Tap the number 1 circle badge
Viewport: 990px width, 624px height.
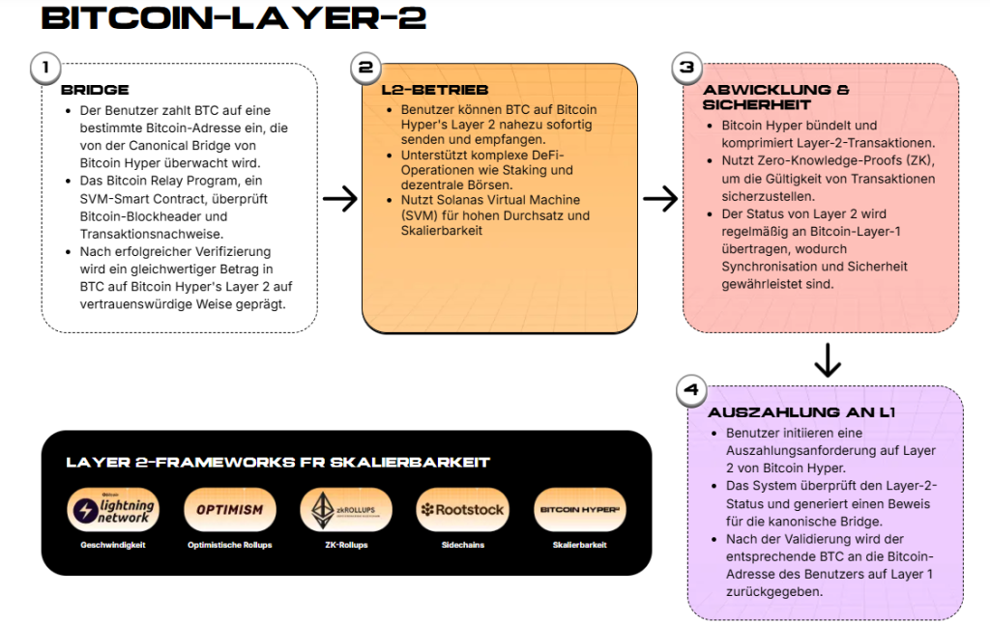click(44, 68)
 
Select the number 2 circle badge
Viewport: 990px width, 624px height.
click(364, 68)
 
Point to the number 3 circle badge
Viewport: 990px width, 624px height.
click(686, 68)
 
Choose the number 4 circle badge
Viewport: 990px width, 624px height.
click(690, 390)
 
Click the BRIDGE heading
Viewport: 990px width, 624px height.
click(95, 90)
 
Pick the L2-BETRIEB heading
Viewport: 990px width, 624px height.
click(421, 90)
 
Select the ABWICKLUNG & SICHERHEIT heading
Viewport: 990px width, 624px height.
click(776, 97)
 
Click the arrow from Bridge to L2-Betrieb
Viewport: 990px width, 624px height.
click(339, 199)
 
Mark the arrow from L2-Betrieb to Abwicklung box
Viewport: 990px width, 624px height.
click(660, 199)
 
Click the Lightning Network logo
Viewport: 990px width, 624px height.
click(113, 509)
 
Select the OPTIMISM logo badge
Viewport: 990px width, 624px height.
click(229, 509)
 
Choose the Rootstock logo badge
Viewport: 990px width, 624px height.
click(461, 509)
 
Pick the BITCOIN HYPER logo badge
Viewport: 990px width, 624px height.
click(578, 509)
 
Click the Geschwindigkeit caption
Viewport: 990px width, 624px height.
click(113, 545)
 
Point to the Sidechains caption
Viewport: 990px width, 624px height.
click(461, 545)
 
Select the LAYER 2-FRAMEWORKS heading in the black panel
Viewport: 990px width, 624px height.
click(277, 462)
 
